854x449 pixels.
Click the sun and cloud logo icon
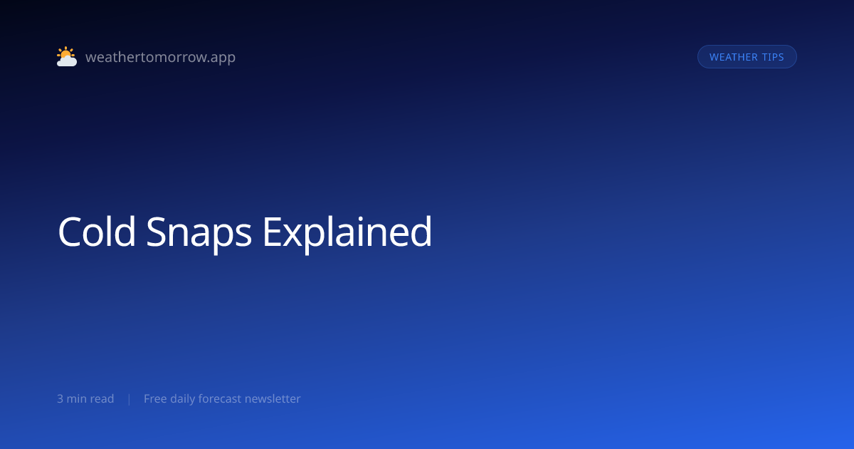67,56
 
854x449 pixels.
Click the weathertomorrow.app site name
161,57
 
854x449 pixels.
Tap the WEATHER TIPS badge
747,57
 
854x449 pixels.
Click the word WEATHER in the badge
733,57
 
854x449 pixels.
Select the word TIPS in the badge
773,57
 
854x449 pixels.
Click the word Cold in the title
97,232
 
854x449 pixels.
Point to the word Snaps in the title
199,233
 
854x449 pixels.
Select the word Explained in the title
347,233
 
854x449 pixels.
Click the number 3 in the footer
60,398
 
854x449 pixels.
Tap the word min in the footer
78,398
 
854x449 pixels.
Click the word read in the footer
103,398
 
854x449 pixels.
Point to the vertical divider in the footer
130,399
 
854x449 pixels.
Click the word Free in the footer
155,398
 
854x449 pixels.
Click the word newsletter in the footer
273,398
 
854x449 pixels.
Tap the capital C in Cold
70,232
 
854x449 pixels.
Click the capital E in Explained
273,232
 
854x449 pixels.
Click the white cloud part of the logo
67,61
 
